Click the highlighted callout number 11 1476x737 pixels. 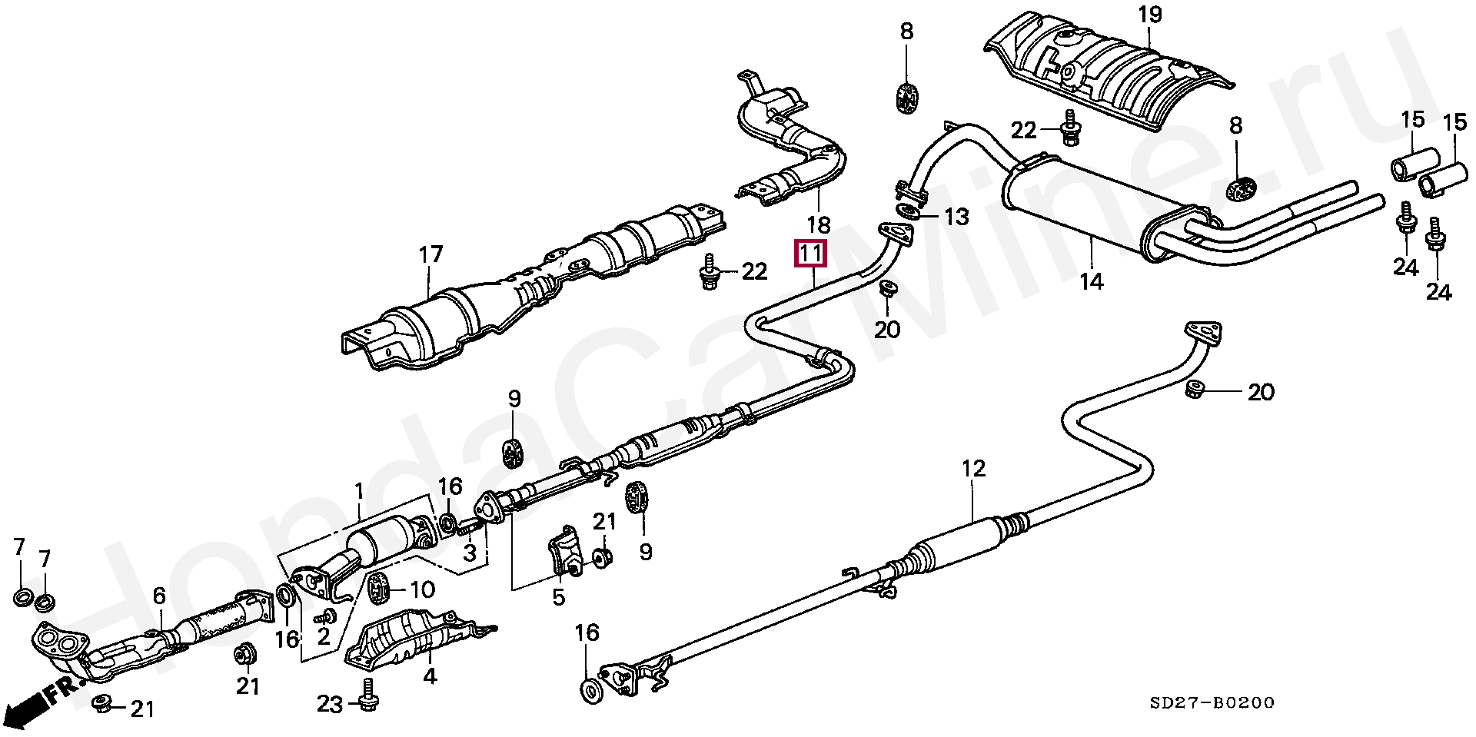coord(809,254)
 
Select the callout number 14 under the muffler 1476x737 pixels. coord(1091,282)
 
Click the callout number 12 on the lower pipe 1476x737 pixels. coord(972,468)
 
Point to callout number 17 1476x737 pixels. coord(431,254)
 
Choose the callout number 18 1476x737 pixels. coord(819,225)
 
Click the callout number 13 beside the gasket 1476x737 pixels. coord(957,217)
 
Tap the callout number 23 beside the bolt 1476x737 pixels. coord(330,703)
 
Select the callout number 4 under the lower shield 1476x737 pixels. coord(430,676)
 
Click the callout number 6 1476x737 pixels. coord(159,595)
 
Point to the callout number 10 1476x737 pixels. coord(422,590)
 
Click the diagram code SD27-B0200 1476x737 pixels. coord(1212,702)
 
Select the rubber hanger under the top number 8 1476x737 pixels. coord(907,98)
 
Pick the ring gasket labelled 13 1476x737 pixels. coord(907,211)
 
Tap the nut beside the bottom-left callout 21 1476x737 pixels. coord(101,704)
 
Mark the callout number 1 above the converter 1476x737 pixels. coord(358,489)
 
